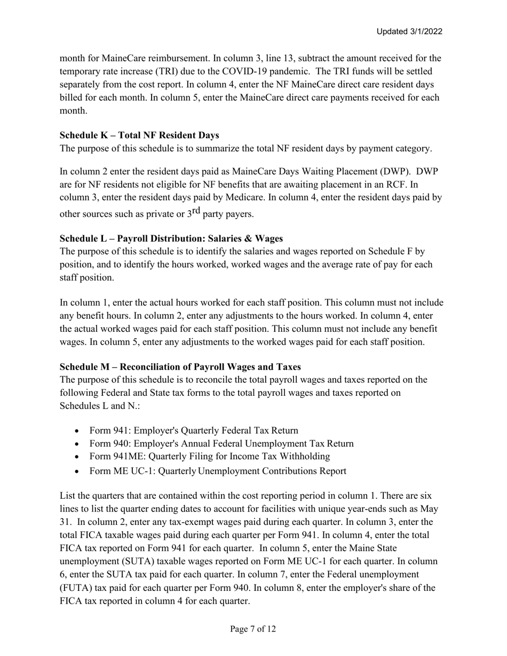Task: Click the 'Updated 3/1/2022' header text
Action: tap(409, 31)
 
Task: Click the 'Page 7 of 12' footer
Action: tap(253, 629)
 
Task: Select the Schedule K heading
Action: tap(139, 135)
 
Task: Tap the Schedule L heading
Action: tap(171, 238)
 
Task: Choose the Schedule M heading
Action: tap(180, 367)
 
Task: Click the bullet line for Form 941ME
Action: tap(210, 457)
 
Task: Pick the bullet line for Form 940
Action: tap(221, 444)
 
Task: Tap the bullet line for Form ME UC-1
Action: tap(218, 471)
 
